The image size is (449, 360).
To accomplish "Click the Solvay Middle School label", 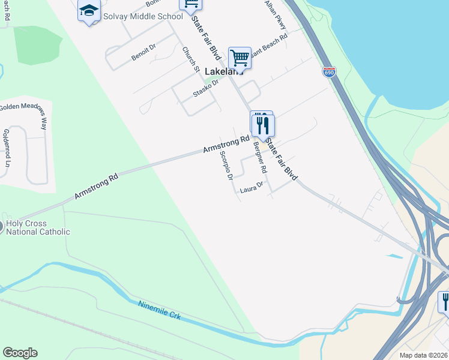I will coord(142,16).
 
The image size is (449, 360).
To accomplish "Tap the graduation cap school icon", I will coord(89,11).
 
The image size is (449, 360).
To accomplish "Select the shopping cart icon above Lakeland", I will coord(240,58).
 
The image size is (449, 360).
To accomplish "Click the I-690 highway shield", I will coord(328,72).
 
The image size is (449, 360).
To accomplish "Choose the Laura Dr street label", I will coord(252,188).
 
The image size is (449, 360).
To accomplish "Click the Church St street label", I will coord(191,60).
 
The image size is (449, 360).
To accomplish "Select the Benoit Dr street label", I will coord(143,52).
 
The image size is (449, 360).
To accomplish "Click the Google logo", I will coord(20,353).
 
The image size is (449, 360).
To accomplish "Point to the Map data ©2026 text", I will coord(423,355).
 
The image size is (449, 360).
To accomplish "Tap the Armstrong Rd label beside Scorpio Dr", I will coord(225,144).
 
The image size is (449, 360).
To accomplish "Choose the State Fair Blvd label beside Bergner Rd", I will coord(282,159).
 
